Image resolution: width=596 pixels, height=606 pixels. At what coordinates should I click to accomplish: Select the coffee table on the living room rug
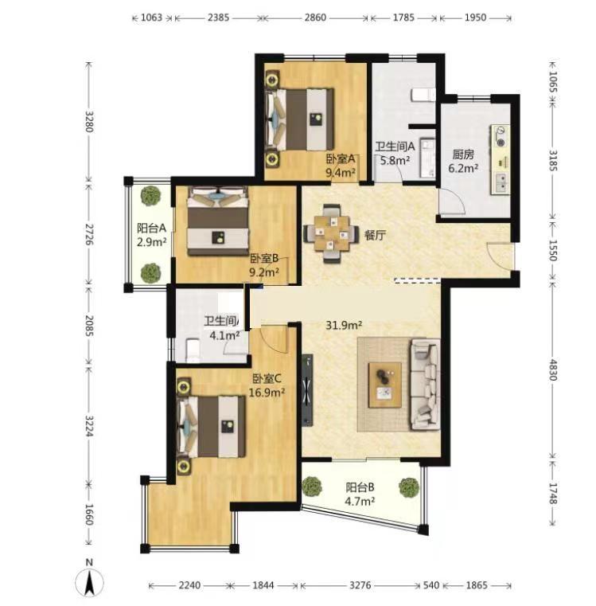pos(384,385)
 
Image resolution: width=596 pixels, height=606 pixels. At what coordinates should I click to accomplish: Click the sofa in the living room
pos(425,385)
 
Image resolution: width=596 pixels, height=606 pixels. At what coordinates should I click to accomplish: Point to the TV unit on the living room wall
pos(307,389)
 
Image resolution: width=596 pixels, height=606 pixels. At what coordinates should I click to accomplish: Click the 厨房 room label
pos(463,155)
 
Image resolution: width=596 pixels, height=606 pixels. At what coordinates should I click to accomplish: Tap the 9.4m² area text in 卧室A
pos(341,172)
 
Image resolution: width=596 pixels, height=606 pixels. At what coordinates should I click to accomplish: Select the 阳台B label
pos(360,487)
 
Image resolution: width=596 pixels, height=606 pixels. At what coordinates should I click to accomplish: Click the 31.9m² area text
pos(344,326)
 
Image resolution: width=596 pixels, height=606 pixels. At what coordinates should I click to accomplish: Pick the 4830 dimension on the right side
pos(553,369)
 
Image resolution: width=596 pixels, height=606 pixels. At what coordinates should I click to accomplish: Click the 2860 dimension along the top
pos(315,18)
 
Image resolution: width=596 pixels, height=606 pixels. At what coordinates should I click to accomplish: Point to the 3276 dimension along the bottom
pos(360,585)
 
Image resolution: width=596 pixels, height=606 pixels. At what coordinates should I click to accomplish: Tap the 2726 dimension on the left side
pos(89,234)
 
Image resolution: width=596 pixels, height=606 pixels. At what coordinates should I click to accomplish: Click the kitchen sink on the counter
pos(501,183)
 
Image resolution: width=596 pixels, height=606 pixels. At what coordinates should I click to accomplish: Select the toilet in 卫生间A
pos(423,94)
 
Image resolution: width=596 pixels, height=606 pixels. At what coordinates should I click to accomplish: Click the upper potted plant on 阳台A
pos(150,196)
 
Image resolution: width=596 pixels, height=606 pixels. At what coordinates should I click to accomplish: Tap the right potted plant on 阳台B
pos(409,487)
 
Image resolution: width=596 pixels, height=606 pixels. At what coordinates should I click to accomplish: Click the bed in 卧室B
pos(218,221)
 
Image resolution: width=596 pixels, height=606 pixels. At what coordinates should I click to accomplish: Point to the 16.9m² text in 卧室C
pos(267,393)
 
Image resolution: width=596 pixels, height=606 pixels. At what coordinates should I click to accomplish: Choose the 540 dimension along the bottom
pos(431,585)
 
